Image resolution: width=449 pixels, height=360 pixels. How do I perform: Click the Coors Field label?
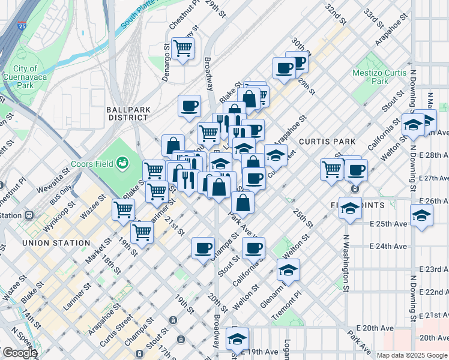pyautogui.click(x=94, y=163)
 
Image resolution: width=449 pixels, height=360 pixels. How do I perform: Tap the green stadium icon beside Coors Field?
pyautogui.click(x=123, y=162)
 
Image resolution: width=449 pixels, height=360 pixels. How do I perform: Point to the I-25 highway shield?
pyautogui.click(x=22, y=26)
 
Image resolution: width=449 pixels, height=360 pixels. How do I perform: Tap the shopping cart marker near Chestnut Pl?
pyautogui.click(x=182, y=48)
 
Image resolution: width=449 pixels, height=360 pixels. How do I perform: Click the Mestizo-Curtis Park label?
pyautogui.click(x=378, y=76)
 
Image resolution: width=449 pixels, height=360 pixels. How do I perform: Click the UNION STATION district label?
pyautogui.click(x=55, y=243)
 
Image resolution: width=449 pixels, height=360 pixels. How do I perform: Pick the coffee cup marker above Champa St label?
pyautogui.click(x=203, y=247)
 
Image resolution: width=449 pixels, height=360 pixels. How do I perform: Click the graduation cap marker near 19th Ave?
pyautogui.click(x=237, y=338)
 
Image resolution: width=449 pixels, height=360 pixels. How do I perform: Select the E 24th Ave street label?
pyautogui.click(x=388, y=246)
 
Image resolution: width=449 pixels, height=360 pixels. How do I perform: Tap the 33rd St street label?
pyautogui.click(x=376, y=19)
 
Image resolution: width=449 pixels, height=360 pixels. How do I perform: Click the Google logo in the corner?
pyautogui.click(x=19, y=353)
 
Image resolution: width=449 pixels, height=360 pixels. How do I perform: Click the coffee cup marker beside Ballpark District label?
pyautogui.click(x=189, y=106)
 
